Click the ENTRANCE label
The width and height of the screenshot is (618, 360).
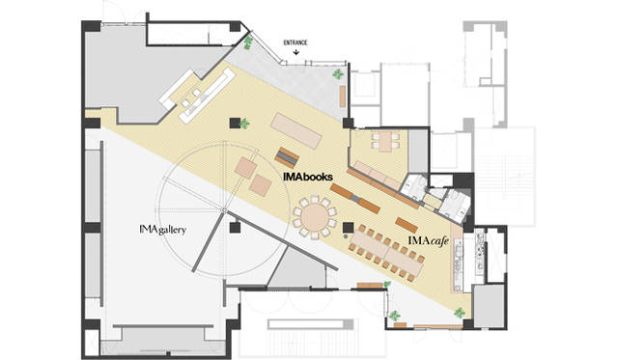point(295,42)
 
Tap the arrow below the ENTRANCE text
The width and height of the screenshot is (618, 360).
point(296,51)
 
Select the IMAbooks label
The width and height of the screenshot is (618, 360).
point(308,177)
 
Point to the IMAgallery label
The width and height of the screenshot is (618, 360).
point(162,230)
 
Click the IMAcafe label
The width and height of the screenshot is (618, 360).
point(429,240)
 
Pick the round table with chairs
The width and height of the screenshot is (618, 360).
point(315,217)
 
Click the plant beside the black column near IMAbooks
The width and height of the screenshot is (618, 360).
point(244,124)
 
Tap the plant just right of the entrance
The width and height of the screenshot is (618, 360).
point(337,73)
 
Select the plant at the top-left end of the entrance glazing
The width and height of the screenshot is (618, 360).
point(248,42)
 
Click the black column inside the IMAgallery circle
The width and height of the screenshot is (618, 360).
point(235,228)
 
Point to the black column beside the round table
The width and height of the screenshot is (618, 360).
point(348,227)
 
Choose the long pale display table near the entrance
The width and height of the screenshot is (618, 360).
point(296,131)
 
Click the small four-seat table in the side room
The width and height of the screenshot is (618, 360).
point(385,142)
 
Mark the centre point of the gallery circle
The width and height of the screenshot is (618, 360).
point(224,210)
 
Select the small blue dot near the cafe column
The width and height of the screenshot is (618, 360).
point(346,236)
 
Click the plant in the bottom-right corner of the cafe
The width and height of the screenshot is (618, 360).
point(460,313)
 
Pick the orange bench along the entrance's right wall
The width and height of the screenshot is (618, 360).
point(343,96)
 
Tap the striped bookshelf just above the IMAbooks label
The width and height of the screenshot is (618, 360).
point(287,157)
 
